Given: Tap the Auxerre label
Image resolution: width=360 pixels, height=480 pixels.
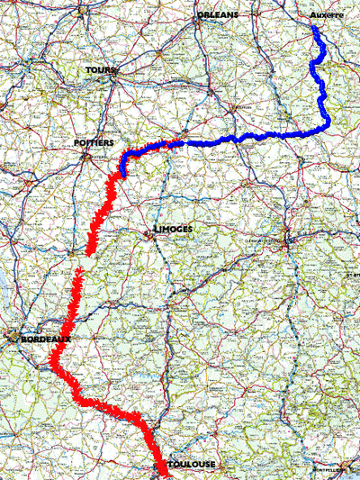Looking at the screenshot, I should pos(326,15).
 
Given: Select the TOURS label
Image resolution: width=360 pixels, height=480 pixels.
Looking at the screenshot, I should pos(101,69).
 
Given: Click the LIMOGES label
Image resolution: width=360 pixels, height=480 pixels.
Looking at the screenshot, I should pos(172,230).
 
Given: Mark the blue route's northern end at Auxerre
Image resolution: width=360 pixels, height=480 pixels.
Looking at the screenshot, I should pos(315,28).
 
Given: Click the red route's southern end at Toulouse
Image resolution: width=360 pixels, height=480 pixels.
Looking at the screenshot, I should pos(166,472).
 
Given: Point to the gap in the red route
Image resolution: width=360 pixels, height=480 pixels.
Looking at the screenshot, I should pos(82,261).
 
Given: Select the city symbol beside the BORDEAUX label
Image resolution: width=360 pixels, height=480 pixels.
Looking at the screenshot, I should pos(12,340).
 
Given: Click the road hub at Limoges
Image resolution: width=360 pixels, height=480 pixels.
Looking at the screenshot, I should pos(149,235).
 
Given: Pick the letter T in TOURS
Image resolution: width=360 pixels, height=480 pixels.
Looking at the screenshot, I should pos(89,69).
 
